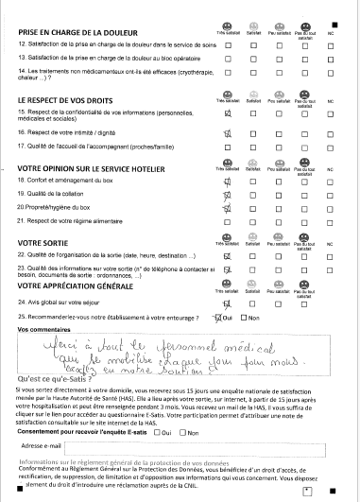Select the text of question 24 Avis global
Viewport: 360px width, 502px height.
point(73,303)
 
